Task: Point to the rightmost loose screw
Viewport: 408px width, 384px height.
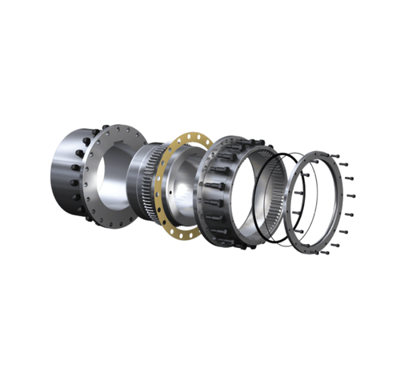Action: coord(352,197)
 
